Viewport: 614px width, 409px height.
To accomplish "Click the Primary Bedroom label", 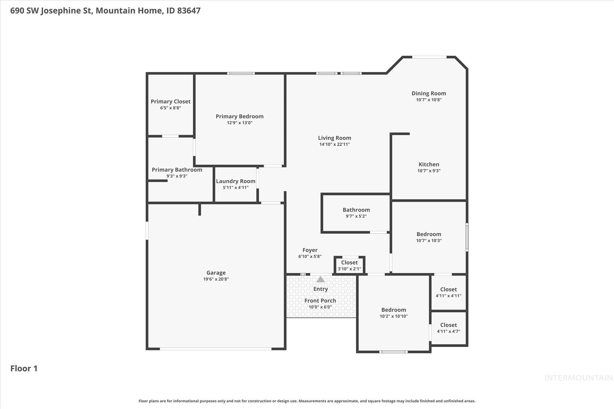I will click(x=240, y=116).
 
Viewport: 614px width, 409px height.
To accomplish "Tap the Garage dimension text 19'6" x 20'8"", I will click(x=216, y=279).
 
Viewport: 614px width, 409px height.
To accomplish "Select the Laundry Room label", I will click(x=236, y=181).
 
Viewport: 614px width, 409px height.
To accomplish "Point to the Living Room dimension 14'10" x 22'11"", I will click(x=335, y=144).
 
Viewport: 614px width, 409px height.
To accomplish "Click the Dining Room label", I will click(x=429, y=93).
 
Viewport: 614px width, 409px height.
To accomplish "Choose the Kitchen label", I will click(x=429, y=164).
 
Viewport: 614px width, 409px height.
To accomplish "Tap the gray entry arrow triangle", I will click(x=320, y=280).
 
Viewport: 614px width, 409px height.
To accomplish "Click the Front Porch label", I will click(x=320, y=301).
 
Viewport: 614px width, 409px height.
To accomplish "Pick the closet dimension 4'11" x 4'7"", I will click(x=449, y=331).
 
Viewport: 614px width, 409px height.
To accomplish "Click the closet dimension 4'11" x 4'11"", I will click(x=449, y=296).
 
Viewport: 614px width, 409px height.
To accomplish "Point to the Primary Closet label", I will click(x=171, y=102).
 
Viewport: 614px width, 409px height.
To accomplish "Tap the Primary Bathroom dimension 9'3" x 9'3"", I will click(x=177, y=176).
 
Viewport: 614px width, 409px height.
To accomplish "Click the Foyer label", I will click(x=310, y=250).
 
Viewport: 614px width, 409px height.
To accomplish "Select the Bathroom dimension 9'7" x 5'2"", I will click(x=356, y=216).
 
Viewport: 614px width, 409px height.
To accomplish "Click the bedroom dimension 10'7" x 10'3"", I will click(x=429, y=241).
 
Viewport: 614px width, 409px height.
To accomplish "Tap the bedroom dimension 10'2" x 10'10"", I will click(x=394, y=316).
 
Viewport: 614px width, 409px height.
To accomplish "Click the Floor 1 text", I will click(x=24, y=369).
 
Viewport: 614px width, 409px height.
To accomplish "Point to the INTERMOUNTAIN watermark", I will click(x=578, y=378).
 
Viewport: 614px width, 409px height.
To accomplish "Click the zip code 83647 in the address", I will click(x=189, y=11).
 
